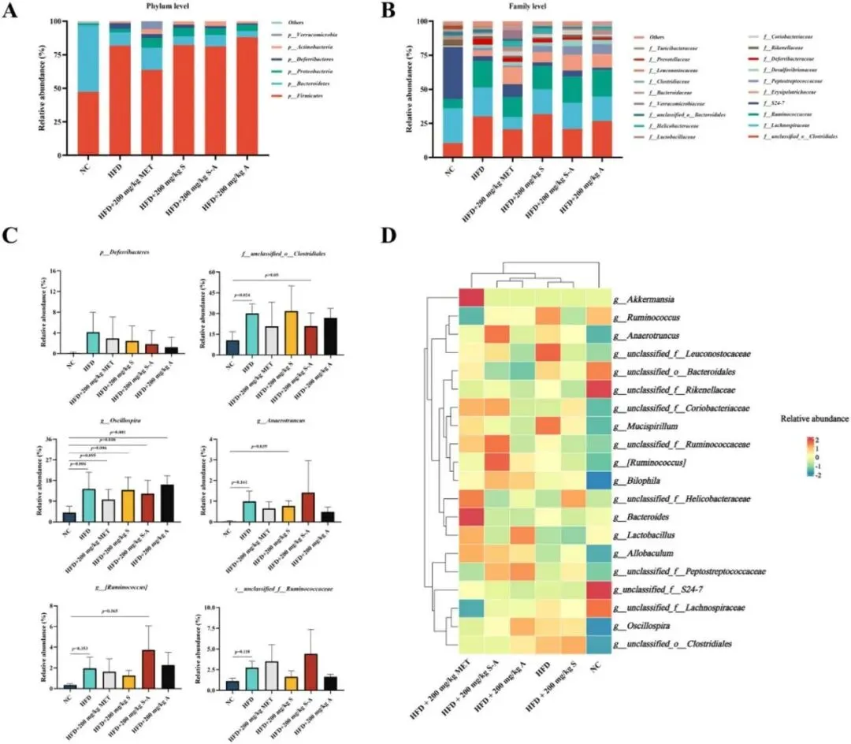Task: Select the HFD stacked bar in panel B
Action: coord(483,89)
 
